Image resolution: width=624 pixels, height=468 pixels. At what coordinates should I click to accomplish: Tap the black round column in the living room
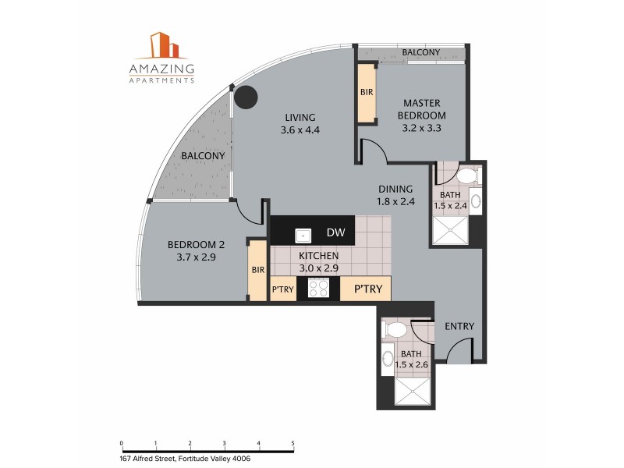246,97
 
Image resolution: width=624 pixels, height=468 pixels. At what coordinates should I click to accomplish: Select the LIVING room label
300,118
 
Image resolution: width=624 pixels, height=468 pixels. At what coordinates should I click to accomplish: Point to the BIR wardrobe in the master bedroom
366,92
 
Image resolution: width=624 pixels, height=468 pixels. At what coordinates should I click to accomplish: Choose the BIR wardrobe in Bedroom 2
257,270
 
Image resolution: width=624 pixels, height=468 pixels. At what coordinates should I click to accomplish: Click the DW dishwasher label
336,233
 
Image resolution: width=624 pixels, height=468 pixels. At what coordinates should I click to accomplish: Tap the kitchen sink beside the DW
303,234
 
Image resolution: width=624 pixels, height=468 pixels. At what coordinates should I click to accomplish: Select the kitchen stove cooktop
319,289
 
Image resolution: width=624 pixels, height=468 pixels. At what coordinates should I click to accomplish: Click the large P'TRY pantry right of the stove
365,289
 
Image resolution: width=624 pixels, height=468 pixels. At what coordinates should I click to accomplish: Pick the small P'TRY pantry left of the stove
282,289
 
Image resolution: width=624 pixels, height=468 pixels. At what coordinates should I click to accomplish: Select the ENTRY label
459,326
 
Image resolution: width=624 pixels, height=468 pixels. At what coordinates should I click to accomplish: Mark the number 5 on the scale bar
292,443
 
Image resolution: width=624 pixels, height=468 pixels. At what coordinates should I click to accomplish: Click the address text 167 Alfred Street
186,458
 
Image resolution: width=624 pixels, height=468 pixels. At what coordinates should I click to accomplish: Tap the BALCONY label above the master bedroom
421,52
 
